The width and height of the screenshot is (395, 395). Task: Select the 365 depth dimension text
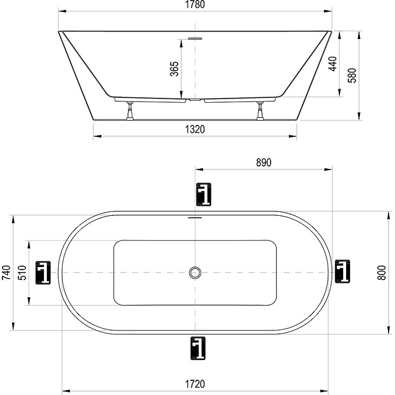(174, 69)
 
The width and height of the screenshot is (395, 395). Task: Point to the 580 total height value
(352, 75)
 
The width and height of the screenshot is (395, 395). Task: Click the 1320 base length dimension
(195, 130)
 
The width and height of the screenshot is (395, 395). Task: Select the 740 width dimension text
(6, 273)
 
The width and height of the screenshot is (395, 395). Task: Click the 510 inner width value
(22, 273)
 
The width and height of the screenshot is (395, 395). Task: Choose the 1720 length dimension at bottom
(195, 384)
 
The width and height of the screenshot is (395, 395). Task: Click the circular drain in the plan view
(196, 272)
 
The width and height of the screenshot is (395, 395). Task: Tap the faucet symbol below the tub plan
(197, 348)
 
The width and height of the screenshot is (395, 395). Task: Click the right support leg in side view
(260, 111)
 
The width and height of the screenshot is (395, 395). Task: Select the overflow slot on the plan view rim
(196, 217)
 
